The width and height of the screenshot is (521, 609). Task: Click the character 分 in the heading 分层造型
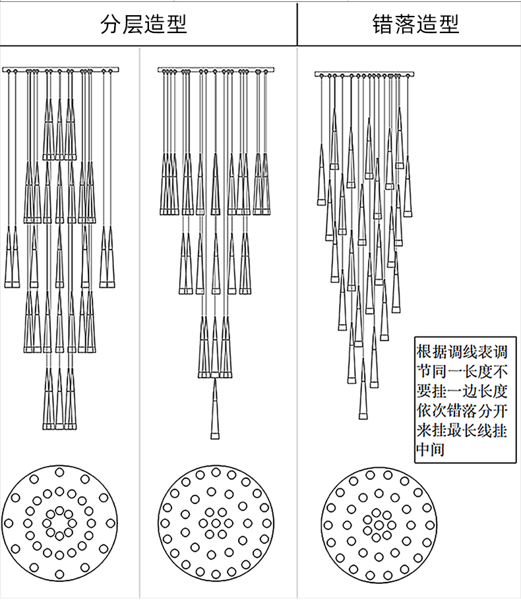point(111,24)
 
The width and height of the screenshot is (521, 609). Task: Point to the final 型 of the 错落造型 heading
point(449,24)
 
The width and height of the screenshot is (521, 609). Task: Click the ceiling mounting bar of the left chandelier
point(60,70)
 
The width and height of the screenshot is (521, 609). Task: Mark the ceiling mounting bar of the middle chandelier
point(216,70)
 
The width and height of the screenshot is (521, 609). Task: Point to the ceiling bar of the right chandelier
point(364,74)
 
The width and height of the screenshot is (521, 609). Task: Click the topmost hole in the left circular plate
point(59,472)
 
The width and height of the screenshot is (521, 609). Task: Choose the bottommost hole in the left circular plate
point(59,574)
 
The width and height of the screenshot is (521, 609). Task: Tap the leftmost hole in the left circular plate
point(9,523)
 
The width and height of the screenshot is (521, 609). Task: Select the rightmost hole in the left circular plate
point(111,523)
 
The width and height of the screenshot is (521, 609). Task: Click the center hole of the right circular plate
point(379,525)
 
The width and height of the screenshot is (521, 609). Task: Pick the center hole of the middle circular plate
point(216,523)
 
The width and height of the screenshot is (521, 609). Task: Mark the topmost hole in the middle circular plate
point(216,472)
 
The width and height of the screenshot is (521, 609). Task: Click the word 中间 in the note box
point(431,450)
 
